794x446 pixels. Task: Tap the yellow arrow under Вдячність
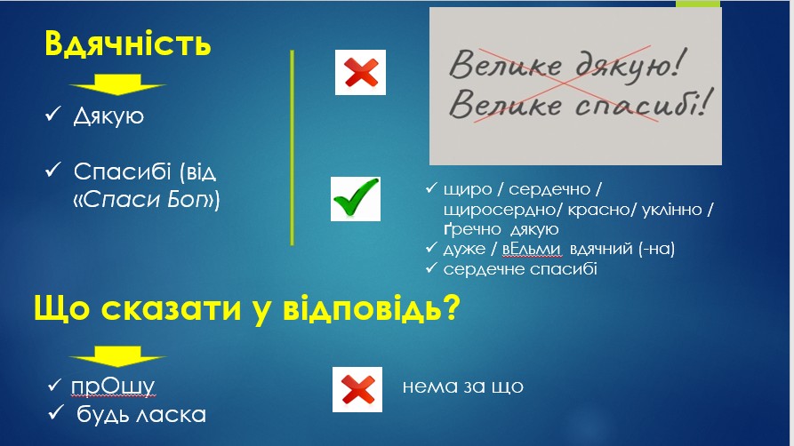[x=117, y=84]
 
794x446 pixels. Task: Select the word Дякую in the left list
[x=108, y=115]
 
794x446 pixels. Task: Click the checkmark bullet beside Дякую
[x=52, y=114]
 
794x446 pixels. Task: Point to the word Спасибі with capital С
[x=122, y=172]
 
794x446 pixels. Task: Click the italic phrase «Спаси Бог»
[x=147, y=200]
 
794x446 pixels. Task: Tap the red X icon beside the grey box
[x=360, y=72]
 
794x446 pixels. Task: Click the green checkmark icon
[x=356, y=198]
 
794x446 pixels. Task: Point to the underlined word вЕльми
[x=531, y=249]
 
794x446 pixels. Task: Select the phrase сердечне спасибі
[x=520, y=269]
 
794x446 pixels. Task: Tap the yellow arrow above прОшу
[x=117, y=356]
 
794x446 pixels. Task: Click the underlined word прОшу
[x=112, y=386]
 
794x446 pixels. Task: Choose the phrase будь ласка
[x=141, y=415]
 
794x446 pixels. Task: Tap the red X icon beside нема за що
[x=357, y=389]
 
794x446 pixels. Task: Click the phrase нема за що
[x=463, y=386]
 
